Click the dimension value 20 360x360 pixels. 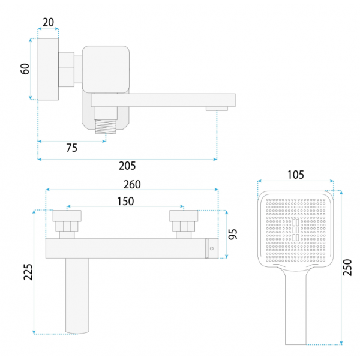48,23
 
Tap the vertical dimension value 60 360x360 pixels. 25,68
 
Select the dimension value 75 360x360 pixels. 71,148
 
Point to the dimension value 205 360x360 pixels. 127,166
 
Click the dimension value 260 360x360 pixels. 132,185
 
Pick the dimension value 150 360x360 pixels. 125,202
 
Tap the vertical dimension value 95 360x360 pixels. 233,234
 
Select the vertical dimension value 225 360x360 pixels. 28,272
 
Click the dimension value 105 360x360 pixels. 296,175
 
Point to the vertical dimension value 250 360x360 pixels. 347,268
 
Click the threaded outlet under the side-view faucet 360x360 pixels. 106,127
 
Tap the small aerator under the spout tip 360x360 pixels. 217,109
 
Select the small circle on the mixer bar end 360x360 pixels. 212,248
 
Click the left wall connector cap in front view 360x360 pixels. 67,216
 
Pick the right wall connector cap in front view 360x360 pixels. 184,216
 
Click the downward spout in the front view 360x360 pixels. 77,296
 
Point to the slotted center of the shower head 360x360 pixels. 296,230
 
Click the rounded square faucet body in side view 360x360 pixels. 106,70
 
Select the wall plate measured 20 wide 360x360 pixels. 48,69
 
